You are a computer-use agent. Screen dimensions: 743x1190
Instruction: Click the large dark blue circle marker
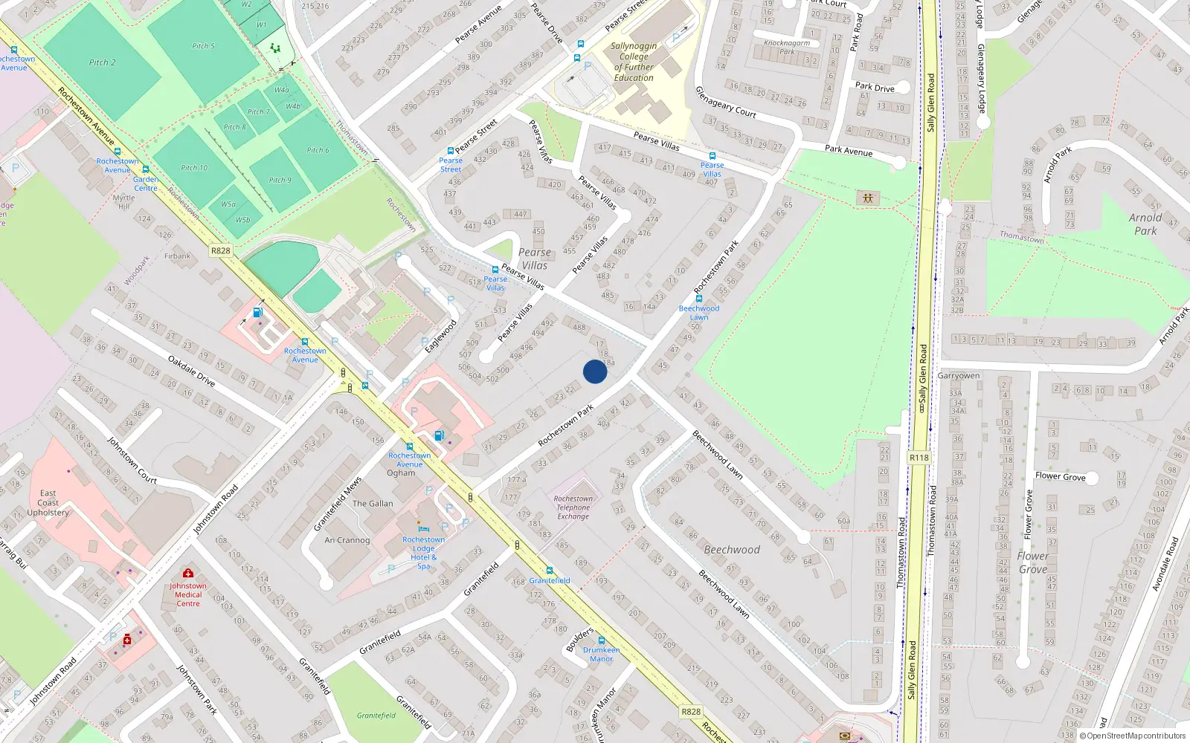(x=595, y=371)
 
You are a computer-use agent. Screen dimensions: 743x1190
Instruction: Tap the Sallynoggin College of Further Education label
(x=634, y=62)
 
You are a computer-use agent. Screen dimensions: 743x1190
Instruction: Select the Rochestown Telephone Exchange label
(x=573, y=507)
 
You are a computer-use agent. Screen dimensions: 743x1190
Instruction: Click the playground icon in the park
(x=868, y=198)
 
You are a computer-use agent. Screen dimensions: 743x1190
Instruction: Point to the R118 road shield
(x=919, y=458)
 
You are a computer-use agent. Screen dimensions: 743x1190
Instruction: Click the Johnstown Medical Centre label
(x=188, y=594)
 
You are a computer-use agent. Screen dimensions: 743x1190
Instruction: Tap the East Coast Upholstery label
(x=48, y=503)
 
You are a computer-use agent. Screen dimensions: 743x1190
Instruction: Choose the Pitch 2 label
(x=103, y=62)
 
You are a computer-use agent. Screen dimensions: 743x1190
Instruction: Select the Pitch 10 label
(x=194, y=168)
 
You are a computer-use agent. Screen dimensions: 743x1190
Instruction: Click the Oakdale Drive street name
(x=192, y=371)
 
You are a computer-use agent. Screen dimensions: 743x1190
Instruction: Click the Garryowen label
(x=959, y=376)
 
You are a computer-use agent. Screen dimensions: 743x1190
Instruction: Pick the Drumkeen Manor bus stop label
(x=602, y=654)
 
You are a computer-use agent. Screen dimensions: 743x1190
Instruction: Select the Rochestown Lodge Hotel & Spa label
(x=424, y=553)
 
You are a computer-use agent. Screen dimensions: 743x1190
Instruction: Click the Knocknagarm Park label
(x=787, y=47)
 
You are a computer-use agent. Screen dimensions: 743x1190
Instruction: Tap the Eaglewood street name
(x=440, y=337)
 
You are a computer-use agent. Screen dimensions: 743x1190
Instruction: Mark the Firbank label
(x=178, y=256)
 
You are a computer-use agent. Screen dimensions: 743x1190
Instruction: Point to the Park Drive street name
(x=875, y=87)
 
